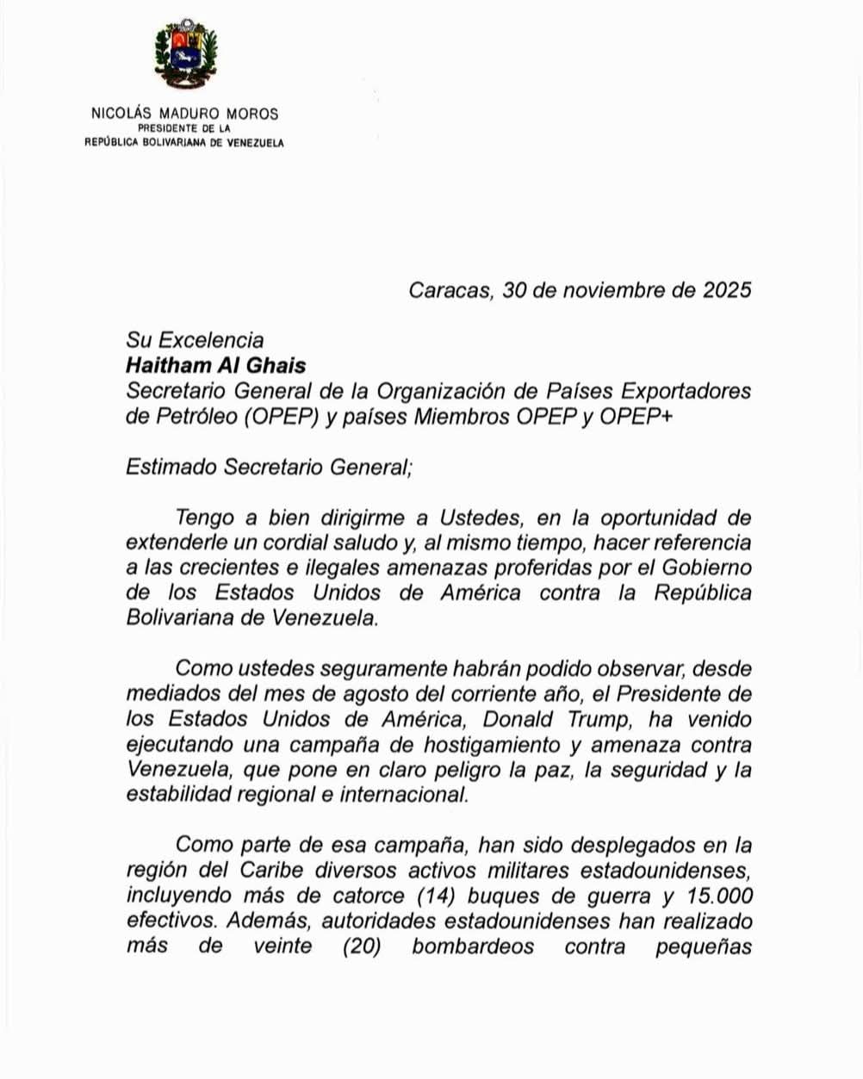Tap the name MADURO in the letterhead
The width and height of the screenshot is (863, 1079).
click(x=189, y=114)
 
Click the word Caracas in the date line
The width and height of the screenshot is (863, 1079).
click(x=449, y=290)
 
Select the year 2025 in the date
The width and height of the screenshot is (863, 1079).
click(x=727, y=290)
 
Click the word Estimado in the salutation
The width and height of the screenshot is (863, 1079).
click(x=171, y=468)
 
